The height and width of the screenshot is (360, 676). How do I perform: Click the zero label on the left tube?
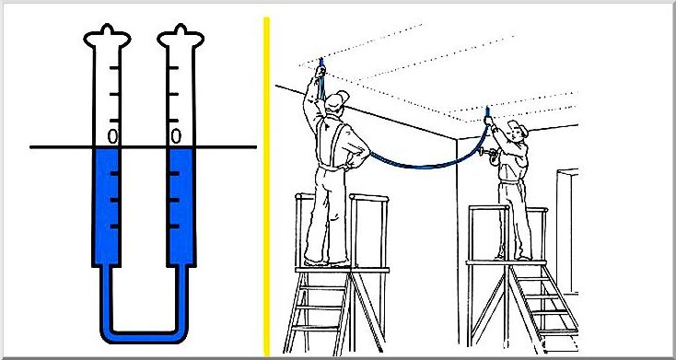coord(112,136)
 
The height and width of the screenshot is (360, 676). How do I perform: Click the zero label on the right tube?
coord(176,136)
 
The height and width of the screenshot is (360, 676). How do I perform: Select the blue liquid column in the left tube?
coord(107,206)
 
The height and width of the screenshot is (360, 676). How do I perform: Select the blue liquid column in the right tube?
coord(181,206)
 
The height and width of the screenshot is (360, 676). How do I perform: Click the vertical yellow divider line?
coord(267,186)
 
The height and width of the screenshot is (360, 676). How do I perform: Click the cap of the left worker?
coord(337,99)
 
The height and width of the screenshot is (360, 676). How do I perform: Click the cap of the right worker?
coord(519,126)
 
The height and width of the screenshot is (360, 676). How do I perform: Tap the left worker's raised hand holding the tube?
coord(320,71)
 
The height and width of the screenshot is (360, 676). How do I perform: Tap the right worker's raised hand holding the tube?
coord(488,120)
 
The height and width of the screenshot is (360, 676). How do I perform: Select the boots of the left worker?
coord(326,261)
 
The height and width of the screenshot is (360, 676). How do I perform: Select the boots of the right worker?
coord(513,258)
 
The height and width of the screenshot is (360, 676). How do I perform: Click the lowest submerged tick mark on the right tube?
coord(174,226)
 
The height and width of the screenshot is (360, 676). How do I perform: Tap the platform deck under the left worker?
coord(342,270)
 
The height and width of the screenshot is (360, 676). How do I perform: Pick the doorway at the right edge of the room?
coord(567,232)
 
